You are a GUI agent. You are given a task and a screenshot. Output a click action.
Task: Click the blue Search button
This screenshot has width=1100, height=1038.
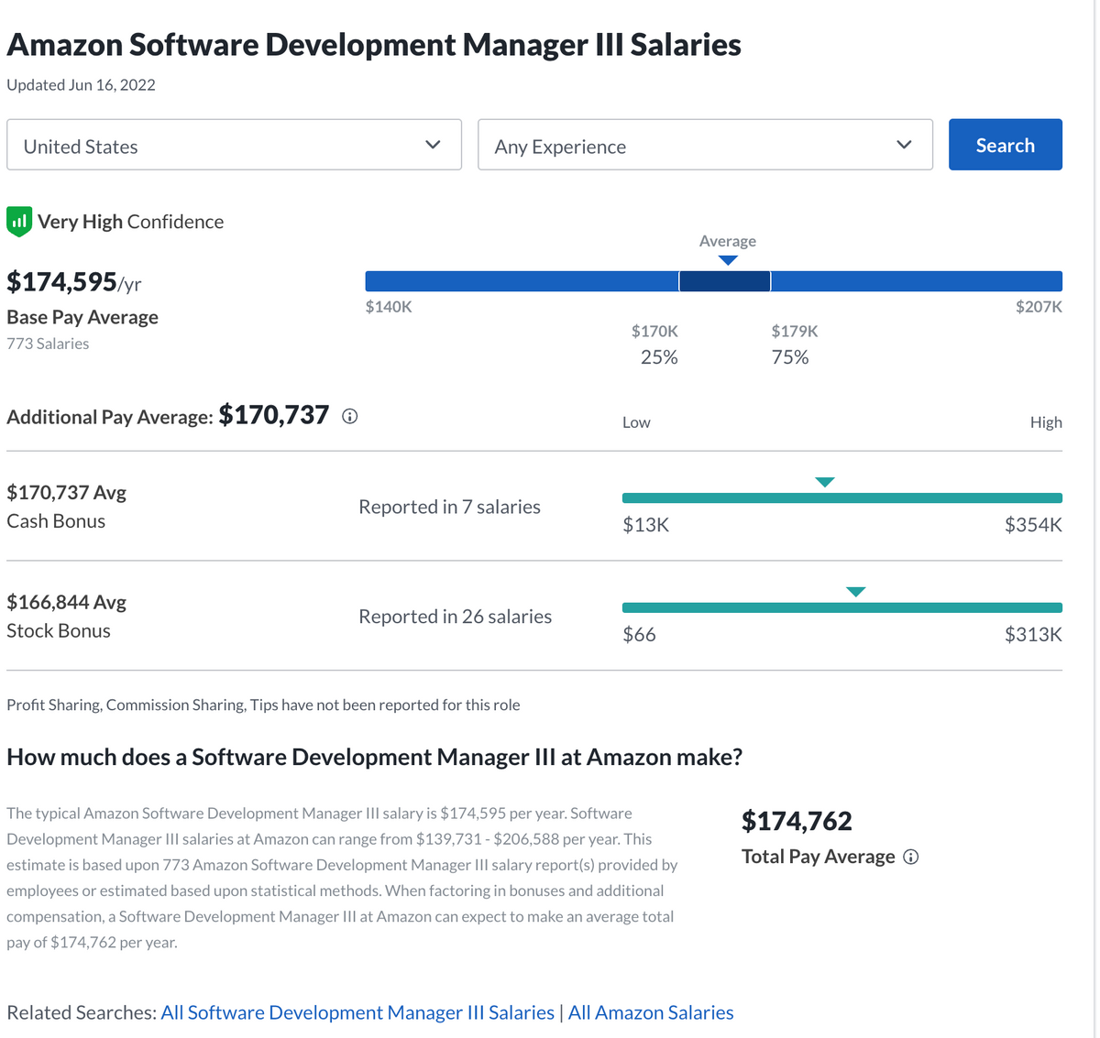1005,145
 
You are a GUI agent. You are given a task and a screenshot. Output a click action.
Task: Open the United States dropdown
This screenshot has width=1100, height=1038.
234,145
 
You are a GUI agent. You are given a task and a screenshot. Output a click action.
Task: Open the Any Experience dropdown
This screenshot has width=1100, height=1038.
704,145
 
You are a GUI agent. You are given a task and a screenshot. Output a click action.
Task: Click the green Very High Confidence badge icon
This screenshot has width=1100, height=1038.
19,221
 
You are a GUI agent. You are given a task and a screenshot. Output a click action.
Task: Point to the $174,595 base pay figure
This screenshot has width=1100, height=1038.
62,281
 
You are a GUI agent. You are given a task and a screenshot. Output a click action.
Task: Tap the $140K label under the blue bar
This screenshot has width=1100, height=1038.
389,307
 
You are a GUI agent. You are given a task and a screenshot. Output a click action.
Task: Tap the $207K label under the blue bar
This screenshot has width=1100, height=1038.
1039,307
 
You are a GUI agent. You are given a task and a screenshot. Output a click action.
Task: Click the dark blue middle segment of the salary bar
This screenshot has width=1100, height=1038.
724,281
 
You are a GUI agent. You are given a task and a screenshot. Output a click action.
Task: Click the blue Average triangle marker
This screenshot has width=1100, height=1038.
728,260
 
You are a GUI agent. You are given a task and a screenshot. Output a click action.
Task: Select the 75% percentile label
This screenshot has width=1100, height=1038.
790,357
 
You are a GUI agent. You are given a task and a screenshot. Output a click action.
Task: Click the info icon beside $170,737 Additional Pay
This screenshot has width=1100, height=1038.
349,417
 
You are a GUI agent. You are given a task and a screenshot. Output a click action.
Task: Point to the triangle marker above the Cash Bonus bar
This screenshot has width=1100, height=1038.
825,482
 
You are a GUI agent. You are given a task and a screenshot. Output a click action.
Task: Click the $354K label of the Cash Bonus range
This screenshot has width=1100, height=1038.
1033,525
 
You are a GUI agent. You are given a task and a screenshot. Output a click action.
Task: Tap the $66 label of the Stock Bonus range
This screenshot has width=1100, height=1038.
639,635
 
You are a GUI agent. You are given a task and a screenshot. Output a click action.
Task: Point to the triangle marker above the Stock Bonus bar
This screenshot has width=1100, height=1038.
855,592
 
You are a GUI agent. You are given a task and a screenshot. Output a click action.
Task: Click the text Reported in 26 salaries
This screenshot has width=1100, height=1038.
455,617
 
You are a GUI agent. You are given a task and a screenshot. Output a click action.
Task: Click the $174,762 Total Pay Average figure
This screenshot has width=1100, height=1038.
797,821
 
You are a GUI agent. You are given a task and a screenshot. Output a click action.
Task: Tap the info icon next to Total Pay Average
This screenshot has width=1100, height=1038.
910,858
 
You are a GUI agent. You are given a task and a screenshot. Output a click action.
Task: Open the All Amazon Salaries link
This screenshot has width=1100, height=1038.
651,1012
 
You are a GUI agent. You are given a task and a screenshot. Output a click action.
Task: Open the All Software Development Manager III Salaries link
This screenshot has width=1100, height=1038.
357,1012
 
